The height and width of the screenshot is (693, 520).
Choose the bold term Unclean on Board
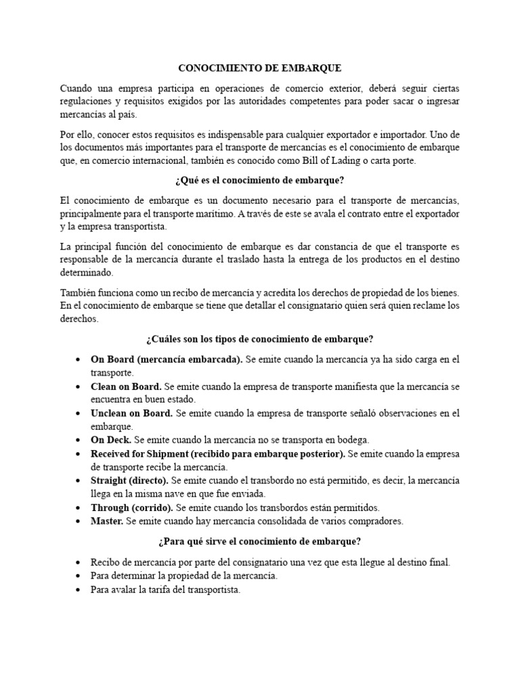click(x=132, y=413)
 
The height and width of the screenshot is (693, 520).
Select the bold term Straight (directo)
click(x=129, y=480)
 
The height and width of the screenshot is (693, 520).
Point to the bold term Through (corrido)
click(x=131, y=508)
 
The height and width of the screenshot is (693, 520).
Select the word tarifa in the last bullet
click(x=156, y=589)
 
